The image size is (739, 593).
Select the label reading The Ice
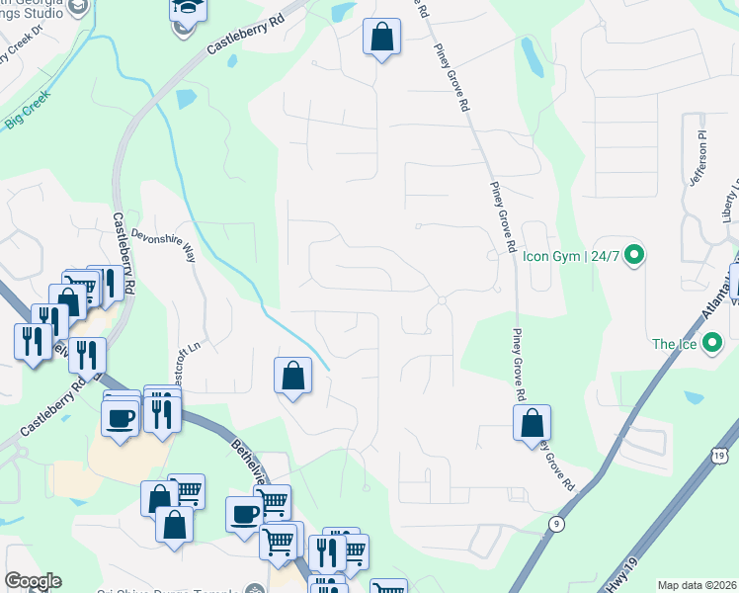[675, 344]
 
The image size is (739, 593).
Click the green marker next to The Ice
[714, 344]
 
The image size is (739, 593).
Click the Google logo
[33, 580]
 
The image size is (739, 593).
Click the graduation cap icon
[184, 10]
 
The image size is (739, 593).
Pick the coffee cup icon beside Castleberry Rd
[121, 417]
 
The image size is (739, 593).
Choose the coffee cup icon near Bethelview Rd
[244, 513]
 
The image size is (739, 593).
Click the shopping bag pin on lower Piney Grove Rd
[532, 422]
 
